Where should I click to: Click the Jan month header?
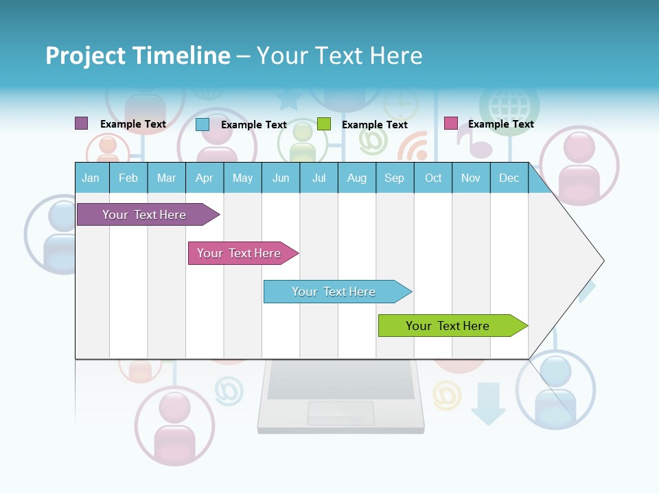pyautogui.click(x=91, y=178)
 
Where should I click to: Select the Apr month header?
pyautogui.click(x=204, y=178)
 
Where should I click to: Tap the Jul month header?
pyautogui.click(x=319, y=178)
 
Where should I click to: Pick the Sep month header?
pyautogui.click(x=394, y=178)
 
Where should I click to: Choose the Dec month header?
pyautogui.click(x=509, y=178)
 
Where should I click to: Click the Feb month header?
pyautogui.click(x=128, y=178)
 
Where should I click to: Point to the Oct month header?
pyautogui.click(x=433, y=178)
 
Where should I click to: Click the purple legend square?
pyautogui.click(x=81, y=123)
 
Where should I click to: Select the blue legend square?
pyautogui.click(x=202, y=124)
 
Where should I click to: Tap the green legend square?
pyautogui.click(x=324, y=124)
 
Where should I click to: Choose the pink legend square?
pyautogui.click(x=450, y=123)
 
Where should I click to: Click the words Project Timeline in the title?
pyautogui.click(x=138, y=56)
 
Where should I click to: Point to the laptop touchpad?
pyautogui.click(x=340, y=412)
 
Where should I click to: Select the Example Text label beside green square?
pyautogui.click(x=375, y=125)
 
